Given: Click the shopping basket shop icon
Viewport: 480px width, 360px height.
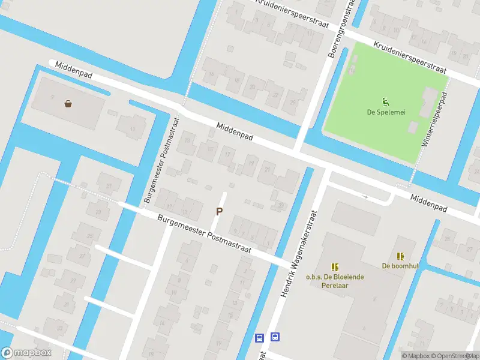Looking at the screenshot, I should coord(68,104).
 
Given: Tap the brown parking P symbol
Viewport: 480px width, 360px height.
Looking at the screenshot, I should coord(220,211).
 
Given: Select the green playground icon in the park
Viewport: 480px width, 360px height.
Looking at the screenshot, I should coord(384,101).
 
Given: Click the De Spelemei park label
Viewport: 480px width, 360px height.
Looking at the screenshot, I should coord(384,112).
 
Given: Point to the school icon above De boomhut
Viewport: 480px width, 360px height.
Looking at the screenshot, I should coord(400,256).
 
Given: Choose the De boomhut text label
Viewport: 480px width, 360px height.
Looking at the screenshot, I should coord(400,266).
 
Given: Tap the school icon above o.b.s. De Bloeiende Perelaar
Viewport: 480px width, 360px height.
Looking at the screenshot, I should coord(335,267).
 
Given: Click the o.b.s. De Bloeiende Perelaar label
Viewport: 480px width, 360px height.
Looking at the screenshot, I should coord(328,281).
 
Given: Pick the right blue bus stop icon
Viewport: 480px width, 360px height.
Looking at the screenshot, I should coord(275,337).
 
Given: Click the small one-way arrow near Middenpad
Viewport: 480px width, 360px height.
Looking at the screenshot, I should coord(364,196).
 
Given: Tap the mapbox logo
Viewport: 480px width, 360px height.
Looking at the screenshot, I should coord(26,353).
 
